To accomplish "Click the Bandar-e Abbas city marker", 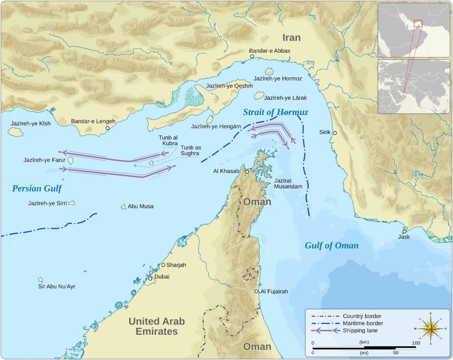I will [x=252, y=57].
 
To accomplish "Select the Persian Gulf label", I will [x=37, y=188].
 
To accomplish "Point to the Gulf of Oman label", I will [x=331, y=245].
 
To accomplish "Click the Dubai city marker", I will [x=150, y=278].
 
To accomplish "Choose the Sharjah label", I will [x=176, y=265].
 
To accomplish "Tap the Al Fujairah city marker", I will [x=256, y=292].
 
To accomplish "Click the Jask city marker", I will [x=404, y=231].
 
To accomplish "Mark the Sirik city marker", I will [x=335, y=133].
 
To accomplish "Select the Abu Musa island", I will [x=123, y=206].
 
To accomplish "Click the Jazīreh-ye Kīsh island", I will [x=15, y=132].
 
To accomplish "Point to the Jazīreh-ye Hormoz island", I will [x=270, y=72].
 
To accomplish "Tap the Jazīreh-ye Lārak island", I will [x=259, y=96].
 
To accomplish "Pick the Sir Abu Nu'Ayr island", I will [x=40, y=280].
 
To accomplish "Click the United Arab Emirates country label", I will [x=156, y=326].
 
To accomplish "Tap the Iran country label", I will [x=292, y=37].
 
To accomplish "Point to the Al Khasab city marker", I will [x=247, y=172].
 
